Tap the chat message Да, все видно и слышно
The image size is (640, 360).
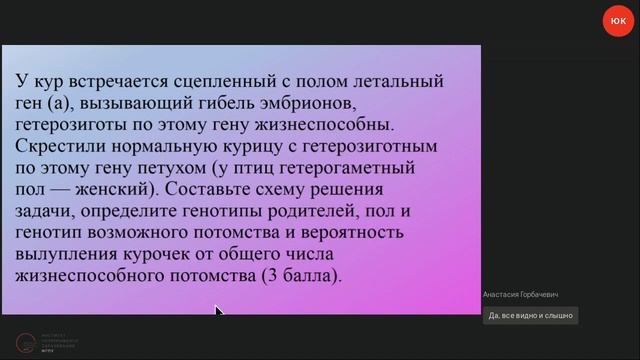click(x=531, y=316)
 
